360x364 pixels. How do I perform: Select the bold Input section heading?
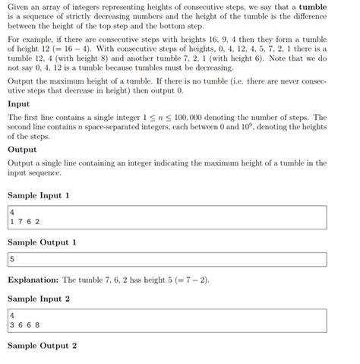[19, 104]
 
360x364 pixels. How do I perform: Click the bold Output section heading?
[23, 150]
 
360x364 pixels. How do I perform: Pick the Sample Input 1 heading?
[39, 196]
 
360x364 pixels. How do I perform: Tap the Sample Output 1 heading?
[42, 242]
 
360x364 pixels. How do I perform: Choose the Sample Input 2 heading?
[39, 299]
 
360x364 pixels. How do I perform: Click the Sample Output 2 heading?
[42, 346]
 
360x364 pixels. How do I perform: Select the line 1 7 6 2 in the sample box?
[25, 221]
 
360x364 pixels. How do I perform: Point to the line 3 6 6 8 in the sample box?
[25, 324]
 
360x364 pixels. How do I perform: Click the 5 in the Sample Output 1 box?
[13, 259]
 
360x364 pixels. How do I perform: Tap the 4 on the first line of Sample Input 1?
[13, 212]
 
